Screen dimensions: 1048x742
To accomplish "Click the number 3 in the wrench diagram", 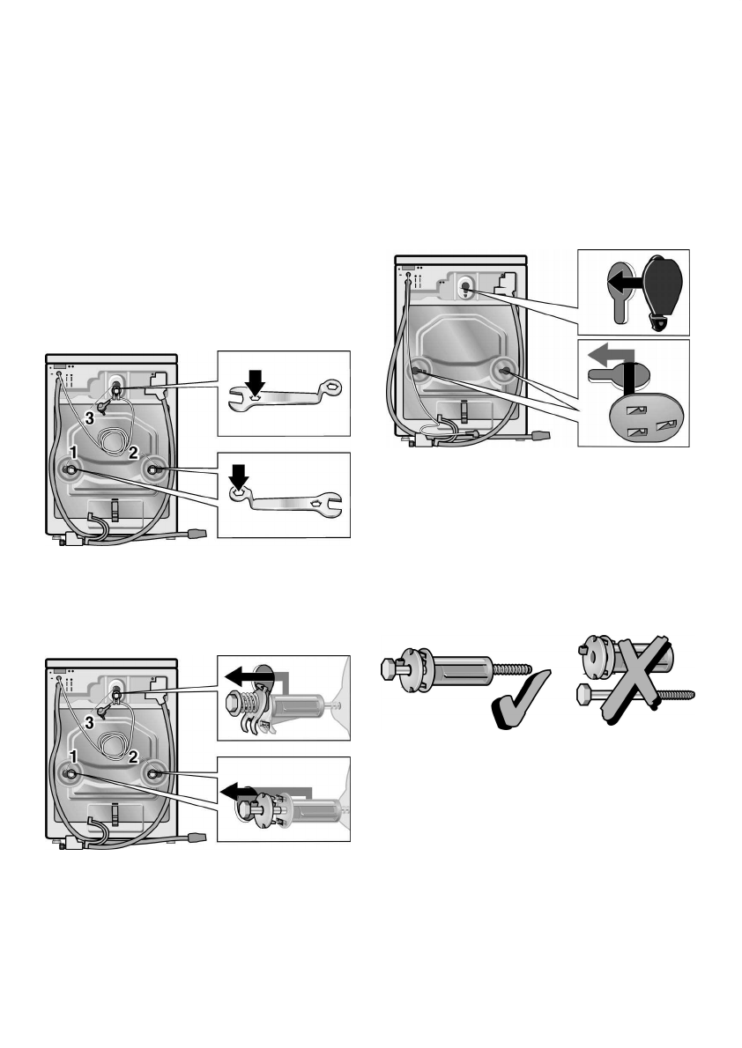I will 91,416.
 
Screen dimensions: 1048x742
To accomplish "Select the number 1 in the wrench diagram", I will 76,450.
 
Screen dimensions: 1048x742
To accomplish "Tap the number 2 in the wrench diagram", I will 131,454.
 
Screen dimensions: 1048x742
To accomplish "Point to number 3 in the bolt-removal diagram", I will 91,722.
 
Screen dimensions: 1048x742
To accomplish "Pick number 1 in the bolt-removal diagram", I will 76,756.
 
